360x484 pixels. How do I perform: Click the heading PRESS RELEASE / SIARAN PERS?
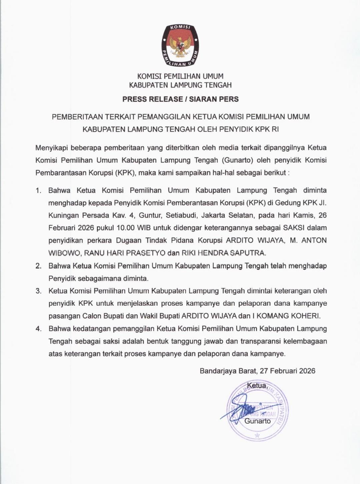pyautogui.click(x=180, y=99)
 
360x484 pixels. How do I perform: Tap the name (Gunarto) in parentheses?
pyautogui.click(x=238, y=160)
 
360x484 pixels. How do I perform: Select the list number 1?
pyautogui.click(x=39, y=191)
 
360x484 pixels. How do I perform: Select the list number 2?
pyautogui.click(x=39, y=266)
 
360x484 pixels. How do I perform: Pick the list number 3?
pyautogui.click(x=39, y=291)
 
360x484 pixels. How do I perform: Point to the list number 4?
pyautogui.click(x=39, y=329)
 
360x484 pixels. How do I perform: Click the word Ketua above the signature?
pyautogui.click(x=256, y=386)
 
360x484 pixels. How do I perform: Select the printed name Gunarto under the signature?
pyautogui.click(x=258, y=421)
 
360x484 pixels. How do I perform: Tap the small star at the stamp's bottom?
pyautogui.click(x=257, y=435)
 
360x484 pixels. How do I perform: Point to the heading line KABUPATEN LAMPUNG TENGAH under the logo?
pyautogui.click(x=180, y=85)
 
